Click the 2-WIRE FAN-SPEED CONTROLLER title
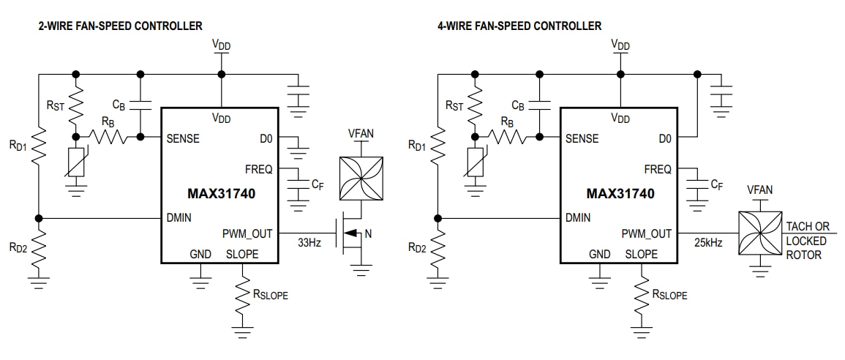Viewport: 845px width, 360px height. coord(120,26)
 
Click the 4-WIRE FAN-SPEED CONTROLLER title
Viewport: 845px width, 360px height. coord(519,26)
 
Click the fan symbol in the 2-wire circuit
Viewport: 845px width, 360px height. coord(360,179)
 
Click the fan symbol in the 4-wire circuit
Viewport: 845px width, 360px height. coord(759,233)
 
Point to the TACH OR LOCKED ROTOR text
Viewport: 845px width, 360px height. coord(807,240)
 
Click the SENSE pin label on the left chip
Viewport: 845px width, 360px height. coord(183,138)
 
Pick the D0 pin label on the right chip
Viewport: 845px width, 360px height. coord(664,138)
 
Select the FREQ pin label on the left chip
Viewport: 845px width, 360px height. coord(259,169)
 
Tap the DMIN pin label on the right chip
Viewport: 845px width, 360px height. coord(579,217)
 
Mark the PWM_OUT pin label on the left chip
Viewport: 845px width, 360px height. coord(248,234)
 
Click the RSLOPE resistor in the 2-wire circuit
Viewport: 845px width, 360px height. coord(241,296)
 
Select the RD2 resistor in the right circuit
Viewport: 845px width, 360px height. coord(437,248)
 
